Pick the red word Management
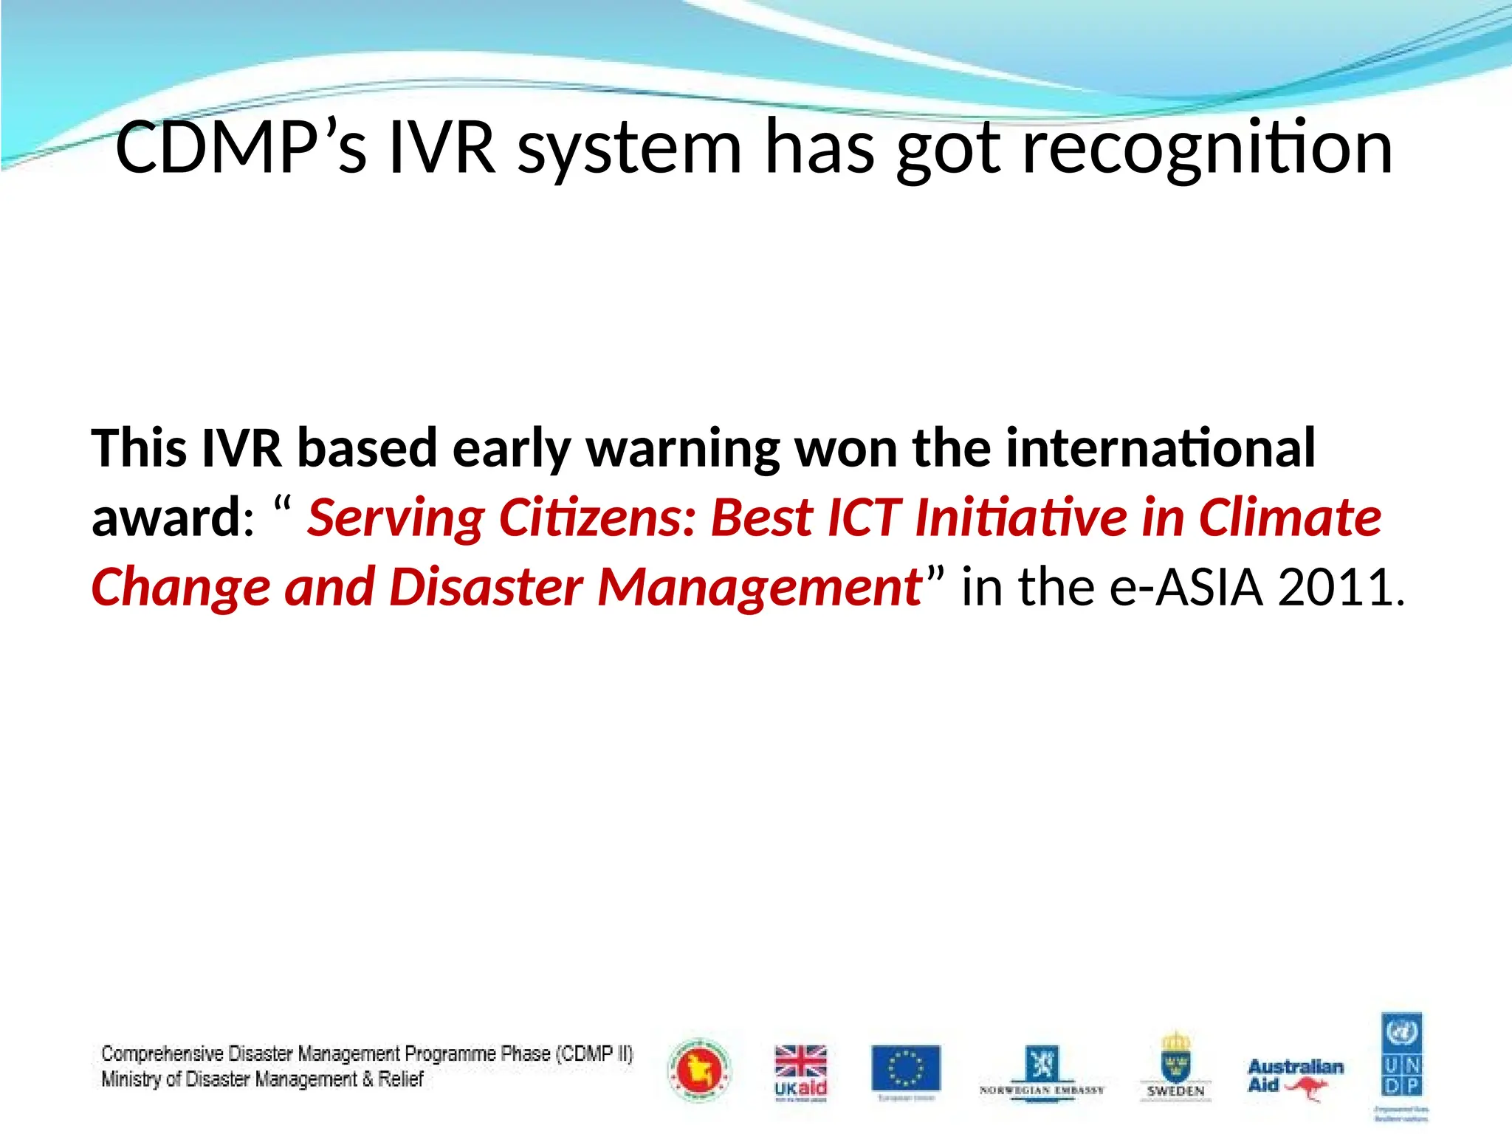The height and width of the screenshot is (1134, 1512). click(760, 587)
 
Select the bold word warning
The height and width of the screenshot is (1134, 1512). click(683, 449)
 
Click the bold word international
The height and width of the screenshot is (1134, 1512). click(1160, 447)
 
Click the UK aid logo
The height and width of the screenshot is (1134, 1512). click(800, 1072)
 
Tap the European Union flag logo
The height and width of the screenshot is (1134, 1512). click(906, 1068)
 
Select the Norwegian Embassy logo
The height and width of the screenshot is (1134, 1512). click(1042, 1072)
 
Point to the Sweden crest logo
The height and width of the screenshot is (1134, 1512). click(1175, 1066)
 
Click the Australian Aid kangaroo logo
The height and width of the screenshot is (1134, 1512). click(1296, 1076)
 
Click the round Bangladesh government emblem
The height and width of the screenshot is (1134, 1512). click(698, 1071)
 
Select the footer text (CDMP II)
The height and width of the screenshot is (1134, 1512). click(594, 1054)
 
